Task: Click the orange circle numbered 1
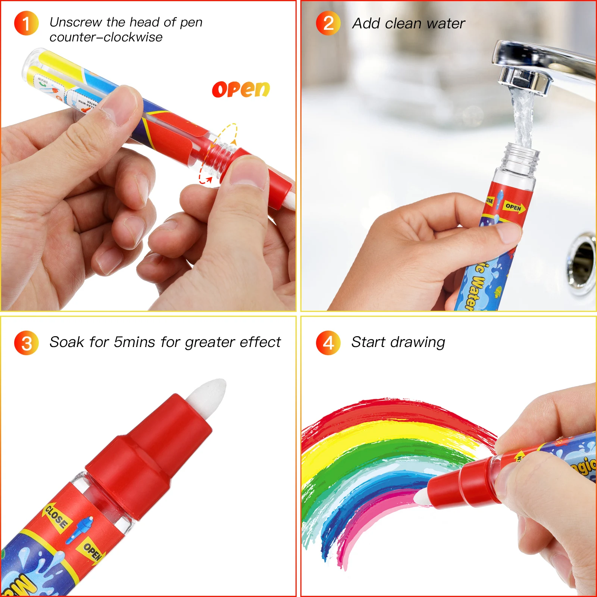click(x=26, y=23)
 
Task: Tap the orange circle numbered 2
click(x=328, y=23)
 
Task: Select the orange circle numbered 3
click(x=26, y=343)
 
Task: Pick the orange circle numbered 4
click(x=328, y=343)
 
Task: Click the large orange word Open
click(x=241, y=90)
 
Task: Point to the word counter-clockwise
click(x=106, y=37)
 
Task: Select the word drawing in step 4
click(x=420, y=343)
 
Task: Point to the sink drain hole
click(x=582, y=261)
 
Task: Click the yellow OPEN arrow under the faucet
click(x=515, y=207)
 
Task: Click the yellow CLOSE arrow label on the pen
click(x=56, y=517)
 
